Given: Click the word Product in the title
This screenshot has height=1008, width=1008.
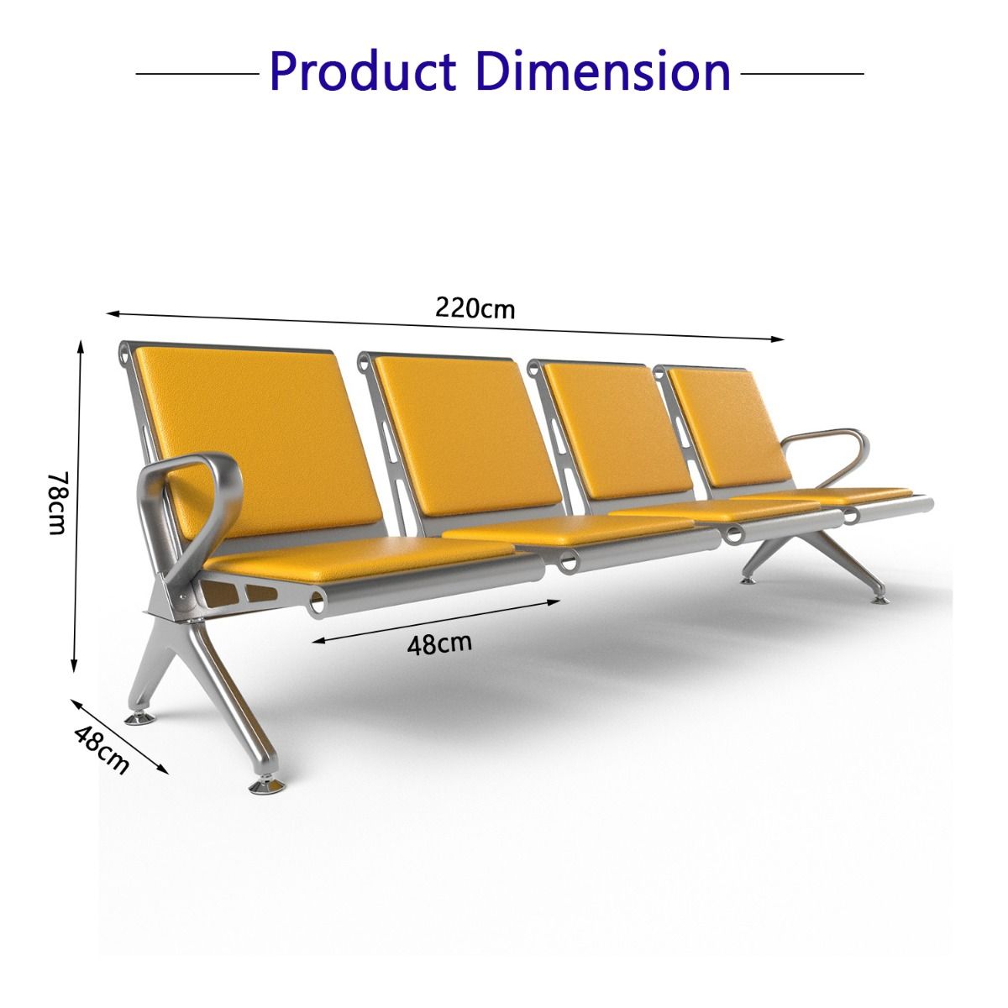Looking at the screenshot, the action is [x=363, y=71].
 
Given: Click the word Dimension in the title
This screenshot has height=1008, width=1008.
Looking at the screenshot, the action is [x=603, y=71].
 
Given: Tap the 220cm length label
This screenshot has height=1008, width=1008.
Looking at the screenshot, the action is [x=475, y=308].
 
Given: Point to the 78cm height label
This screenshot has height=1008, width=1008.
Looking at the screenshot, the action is [x=58, y=503].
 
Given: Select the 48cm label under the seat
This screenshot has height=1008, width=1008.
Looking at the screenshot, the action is [x=439, y=644].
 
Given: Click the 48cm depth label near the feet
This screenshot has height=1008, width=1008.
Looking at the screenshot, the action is [x=102, y=750].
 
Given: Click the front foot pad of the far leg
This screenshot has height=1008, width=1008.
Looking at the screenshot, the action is [x=879, y=600].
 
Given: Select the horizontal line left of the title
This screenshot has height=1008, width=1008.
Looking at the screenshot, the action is [x=197, y=74].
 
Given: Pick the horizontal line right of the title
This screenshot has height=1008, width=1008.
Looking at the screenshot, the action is [x=802, y=74].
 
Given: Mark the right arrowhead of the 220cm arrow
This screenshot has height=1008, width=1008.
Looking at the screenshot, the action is [x=779, y=339].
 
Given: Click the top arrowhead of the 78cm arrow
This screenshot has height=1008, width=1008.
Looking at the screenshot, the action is [x=81, y=346].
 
